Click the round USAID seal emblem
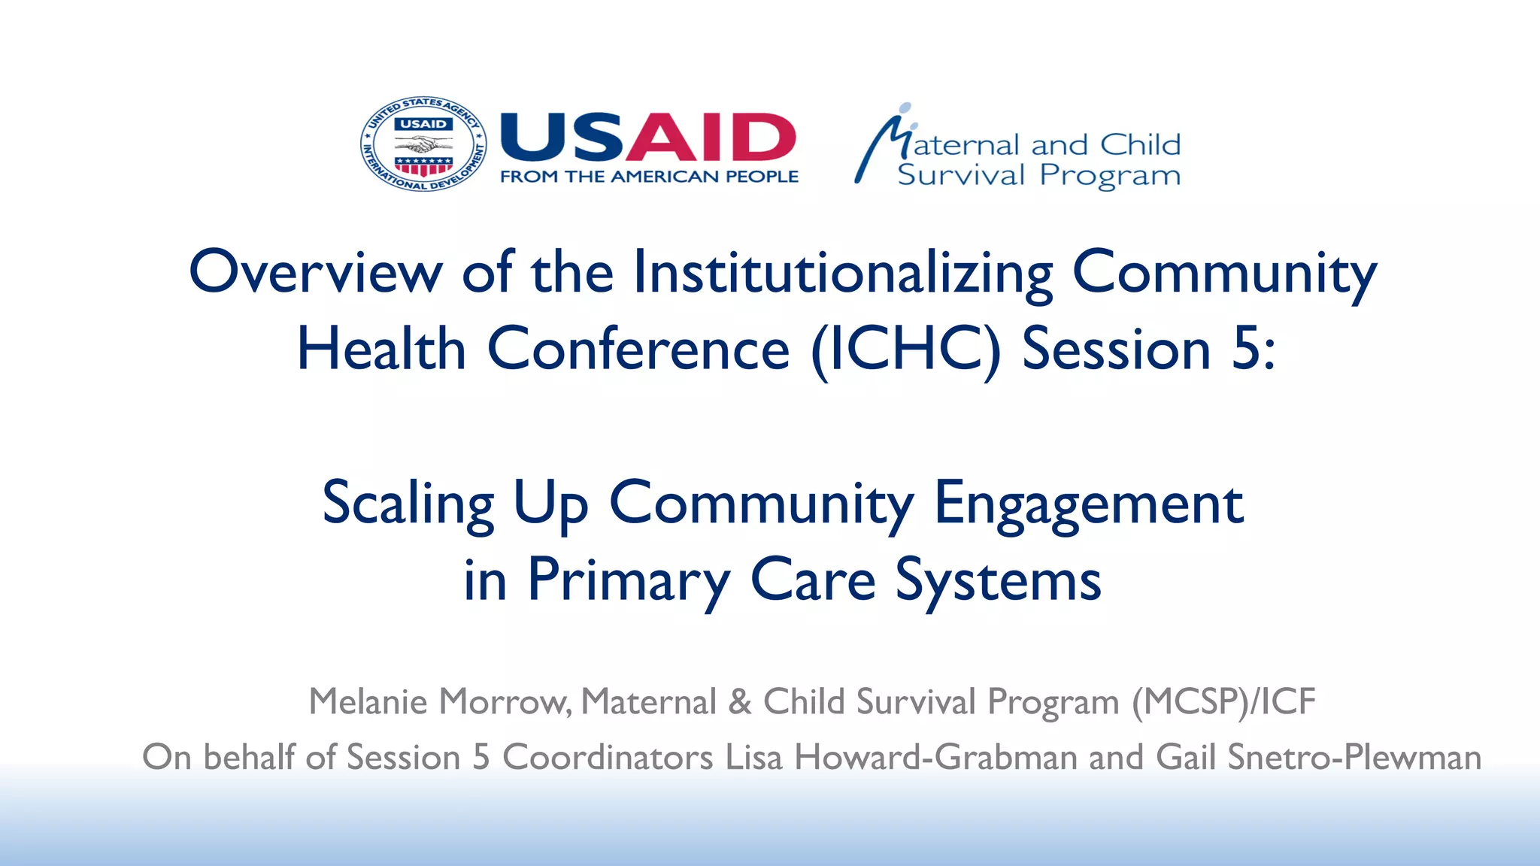click(x=423, y=144)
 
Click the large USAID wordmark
click(x=647, y=138)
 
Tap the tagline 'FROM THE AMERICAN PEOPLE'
click(x=649, y=177)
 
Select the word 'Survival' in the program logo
click(x=961, y=175)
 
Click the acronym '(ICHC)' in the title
click(x=906, y=350)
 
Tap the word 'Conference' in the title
click(x=638, y=350)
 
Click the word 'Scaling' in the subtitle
click(x=408, y=504)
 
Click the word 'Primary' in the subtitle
click(x=629, y=580)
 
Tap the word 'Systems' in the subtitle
click(x=998, y=580)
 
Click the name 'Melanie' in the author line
click(x=368, y=701)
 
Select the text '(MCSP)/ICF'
click(x=1223, y=702)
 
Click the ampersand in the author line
click(x=740, y=702)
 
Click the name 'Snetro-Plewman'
click(x=1354, y=757)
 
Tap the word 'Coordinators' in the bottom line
click(x=608, y=757)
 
